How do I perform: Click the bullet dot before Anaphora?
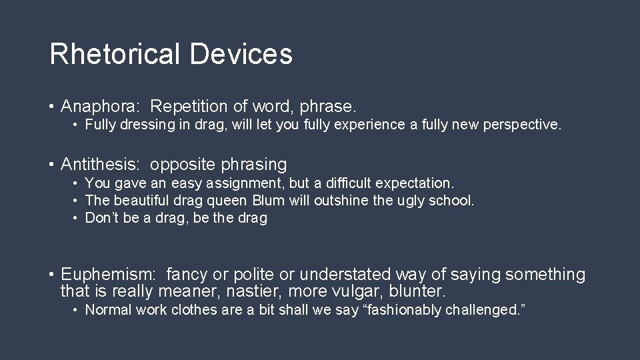[51, 107]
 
